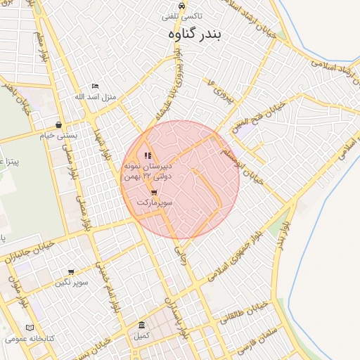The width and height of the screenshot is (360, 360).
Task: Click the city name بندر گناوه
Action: coord(195,32)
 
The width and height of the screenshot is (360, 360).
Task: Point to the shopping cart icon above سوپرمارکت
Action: coord(154,192)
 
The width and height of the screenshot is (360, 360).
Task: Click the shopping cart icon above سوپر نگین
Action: coord(71,271)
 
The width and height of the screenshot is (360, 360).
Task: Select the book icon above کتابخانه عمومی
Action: coord(29,328)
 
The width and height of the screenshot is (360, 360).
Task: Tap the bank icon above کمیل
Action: coord(142,326)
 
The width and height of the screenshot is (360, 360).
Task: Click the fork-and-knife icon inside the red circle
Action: coord(147,155)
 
